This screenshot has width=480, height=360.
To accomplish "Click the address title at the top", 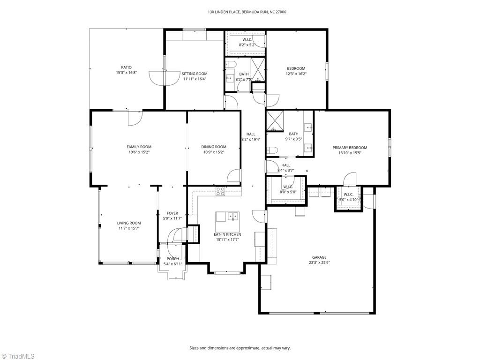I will (x=240, y=12).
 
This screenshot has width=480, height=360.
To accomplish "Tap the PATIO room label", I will (x=127, y=67).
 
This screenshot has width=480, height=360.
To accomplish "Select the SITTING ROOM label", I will (x=195, y=74).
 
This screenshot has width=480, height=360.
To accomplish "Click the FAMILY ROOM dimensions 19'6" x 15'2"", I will (x=139, y=152).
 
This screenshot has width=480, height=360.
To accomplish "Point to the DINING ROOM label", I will (x=214, y=147).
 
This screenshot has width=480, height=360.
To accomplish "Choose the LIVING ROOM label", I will (x=129, y=223).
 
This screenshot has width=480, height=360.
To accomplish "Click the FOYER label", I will (x=172, y=213).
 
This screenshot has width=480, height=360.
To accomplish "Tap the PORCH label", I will (x=172, y=259).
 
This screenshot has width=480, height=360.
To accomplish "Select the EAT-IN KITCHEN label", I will (x=227, y=234).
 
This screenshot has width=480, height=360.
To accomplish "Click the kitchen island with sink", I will (x=227, y=217).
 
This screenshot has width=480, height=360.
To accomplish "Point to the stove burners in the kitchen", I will (x=220, y=191).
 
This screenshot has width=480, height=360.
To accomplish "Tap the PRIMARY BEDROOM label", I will (x=350, y=148).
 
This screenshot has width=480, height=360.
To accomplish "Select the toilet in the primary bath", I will (x=272, y=150).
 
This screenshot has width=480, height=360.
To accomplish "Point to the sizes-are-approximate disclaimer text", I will (x=240, y=348).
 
